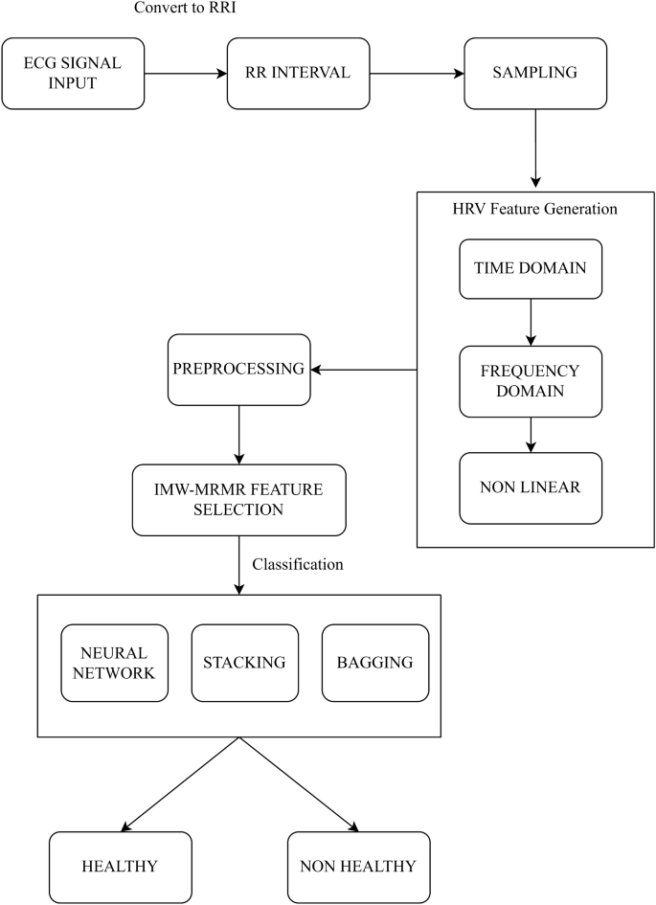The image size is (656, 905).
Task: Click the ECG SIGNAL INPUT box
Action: (x=73, y=73)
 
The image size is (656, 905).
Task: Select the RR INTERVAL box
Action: (x=299, y=73)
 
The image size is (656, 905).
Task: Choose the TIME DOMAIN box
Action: (x=531, y=266)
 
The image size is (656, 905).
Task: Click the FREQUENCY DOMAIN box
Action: (x=531, y=381)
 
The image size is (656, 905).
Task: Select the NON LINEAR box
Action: (x=531, y=486)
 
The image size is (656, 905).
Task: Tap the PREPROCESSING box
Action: (x=238, y=369)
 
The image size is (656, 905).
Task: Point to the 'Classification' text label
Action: (x=298, y=564)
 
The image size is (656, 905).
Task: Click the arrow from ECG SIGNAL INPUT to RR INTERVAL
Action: (x=185, y=73)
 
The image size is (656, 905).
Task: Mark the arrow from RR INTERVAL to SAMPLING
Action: (x=417, y=73)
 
